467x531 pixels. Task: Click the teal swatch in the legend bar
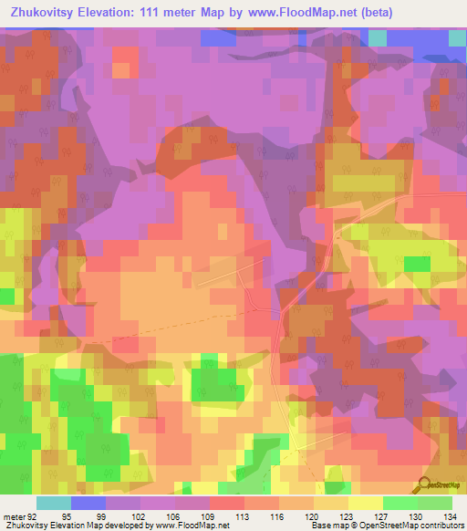[x=54, y=503]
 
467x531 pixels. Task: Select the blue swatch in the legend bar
[x=88, y=503]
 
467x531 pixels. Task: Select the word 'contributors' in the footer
[x=441, y=526]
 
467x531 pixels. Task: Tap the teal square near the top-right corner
[x=377, y=36]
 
